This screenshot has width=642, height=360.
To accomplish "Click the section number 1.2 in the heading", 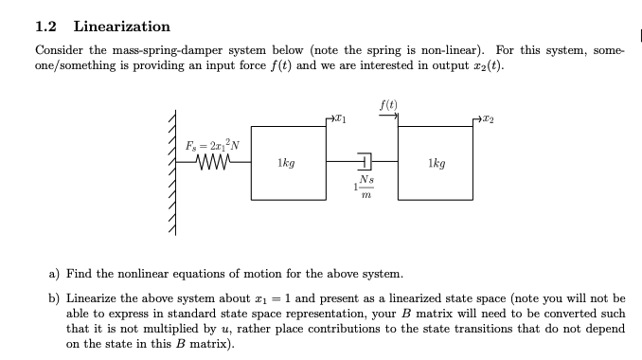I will coord(47,27).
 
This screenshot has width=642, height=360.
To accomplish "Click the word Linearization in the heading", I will coord(121,27).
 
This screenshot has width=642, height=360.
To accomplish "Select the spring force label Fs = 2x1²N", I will coord(213,144).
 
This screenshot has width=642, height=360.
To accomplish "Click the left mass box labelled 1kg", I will coord(286,162).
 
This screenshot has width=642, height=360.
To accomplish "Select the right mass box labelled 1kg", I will coord(437,162).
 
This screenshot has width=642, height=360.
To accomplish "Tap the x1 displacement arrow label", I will coord(340,119).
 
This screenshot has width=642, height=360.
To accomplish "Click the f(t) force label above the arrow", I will coord(388,104).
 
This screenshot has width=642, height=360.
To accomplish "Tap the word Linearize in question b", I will coord(94,298).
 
